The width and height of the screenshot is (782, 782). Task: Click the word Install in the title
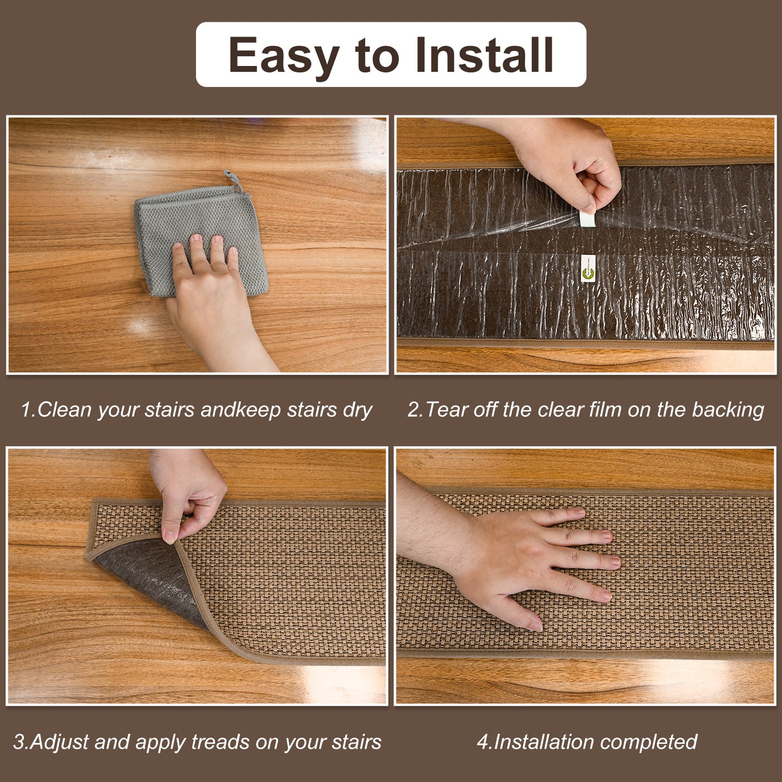(484, 54)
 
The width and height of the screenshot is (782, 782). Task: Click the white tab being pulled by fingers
(588, 220)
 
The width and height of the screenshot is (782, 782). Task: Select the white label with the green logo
(587, 268)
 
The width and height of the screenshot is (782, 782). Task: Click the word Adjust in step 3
(59, 742)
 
